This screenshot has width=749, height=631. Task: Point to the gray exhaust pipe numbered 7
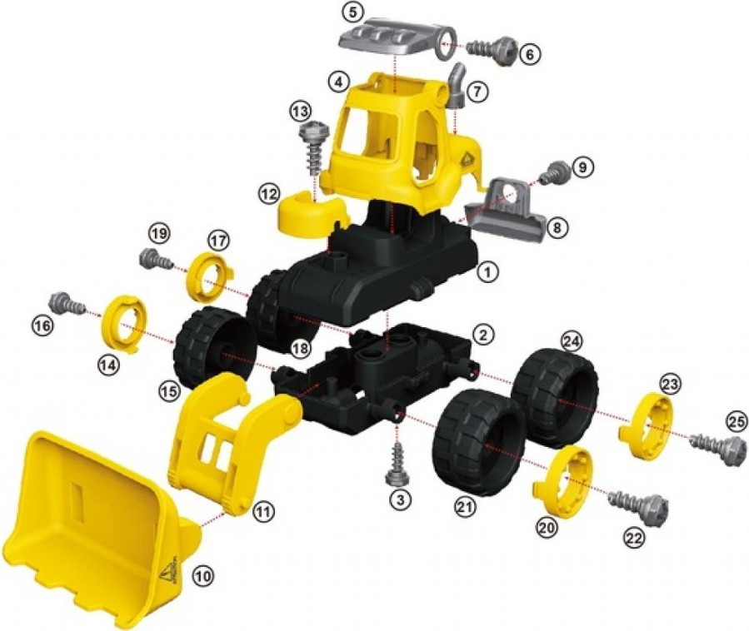457,85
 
